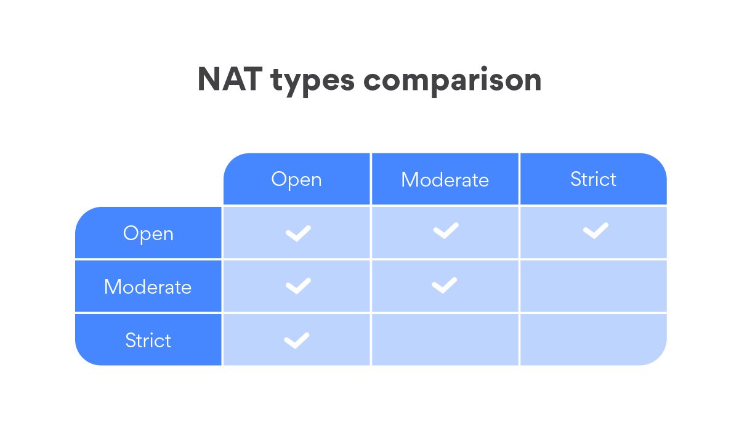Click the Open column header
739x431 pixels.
(x=296, y=180)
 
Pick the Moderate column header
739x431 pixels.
(x=445, y=180)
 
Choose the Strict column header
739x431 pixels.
(x=593, y=179)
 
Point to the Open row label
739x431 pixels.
(x=148, y=233)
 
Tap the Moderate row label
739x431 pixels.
(x=148, y=287)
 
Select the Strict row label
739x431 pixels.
(x=148, y=340)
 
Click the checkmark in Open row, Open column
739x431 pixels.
(x=297, y=233)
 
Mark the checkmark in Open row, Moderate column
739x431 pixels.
(x=445, y=231)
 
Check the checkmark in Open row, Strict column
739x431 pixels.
(x=595, y=231)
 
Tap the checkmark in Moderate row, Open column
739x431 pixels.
(x=297, y=286)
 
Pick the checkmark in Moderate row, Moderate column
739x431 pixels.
(x=444, y=285)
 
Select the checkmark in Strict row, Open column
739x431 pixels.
(x=296, y=340)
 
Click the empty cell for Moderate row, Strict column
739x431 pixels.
(x=593, y=286)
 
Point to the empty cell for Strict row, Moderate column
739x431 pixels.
(x=445, y=340)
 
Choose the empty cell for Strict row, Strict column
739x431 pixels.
(x=593, y=340)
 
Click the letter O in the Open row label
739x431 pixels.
(x=129, y=233)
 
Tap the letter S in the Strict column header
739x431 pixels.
(x=576, y=179)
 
